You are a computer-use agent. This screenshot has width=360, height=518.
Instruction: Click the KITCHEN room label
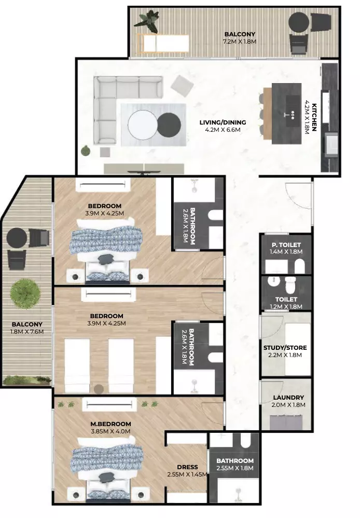(x=314, y=117)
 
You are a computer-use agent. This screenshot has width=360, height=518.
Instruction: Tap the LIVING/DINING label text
(x=223, y=122)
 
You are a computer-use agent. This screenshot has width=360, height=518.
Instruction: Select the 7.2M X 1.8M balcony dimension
(x=240, y=42)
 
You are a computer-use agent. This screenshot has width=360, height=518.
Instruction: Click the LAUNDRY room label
(x=288, y=398)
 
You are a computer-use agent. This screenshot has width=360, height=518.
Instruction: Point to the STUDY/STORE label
(x=285, y=348)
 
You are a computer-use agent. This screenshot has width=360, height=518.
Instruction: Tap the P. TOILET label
(x=286, y=245)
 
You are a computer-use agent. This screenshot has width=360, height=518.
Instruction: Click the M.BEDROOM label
(x=110, y=424)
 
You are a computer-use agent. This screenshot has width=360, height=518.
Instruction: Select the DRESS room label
(x=187, y=467)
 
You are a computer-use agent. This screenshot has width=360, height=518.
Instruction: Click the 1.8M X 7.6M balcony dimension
(x=27, y=332)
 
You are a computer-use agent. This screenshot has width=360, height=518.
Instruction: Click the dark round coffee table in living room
(x=169, y=125)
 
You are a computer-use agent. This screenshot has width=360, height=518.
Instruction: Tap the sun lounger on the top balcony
(x=163, y=43)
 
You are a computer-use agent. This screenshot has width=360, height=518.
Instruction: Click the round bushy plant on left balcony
(x=25, y=294)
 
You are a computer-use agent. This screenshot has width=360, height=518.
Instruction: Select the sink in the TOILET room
(x=273, y=282)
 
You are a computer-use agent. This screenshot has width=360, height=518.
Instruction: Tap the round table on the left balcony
(x=17, y=238)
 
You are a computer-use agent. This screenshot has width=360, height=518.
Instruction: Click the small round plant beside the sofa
(x=86, y=151)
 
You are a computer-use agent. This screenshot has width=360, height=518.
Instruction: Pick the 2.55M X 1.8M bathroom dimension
(x=235, y=468)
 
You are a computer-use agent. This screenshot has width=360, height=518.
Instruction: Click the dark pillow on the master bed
(x=106, y=477)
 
